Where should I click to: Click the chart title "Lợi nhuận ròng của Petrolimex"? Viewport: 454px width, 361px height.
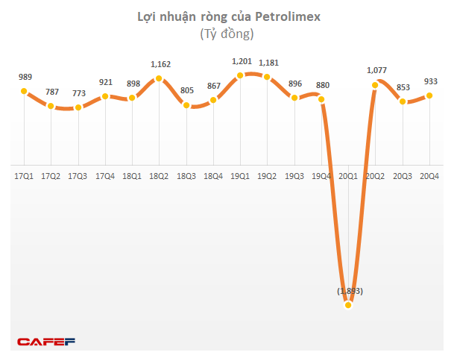[x=227, y=17]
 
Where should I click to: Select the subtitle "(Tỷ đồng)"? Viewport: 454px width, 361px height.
[x=227, y=34]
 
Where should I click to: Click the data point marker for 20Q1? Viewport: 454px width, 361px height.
[x=349, y=305]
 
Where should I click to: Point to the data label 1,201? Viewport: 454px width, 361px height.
[x=240, y=61]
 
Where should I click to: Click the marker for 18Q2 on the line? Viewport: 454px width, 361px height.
[x=159, y=79]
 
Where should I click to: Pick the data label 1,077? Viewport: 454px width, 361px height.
[x=376, y=71]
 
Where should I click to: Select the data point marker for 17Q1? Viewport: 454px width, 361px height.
[x=23, y=92]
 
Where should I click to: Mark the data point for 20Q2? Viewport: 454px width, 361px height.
[x=376, y=85]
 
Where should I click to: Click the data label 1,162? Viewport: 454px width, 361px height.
[x=160, y=65]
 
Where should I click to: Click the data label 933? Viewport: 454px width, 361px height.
[x=431, y=82]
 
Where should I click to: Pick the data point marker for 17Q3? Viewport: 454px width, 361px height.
[x=78, y=107]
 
